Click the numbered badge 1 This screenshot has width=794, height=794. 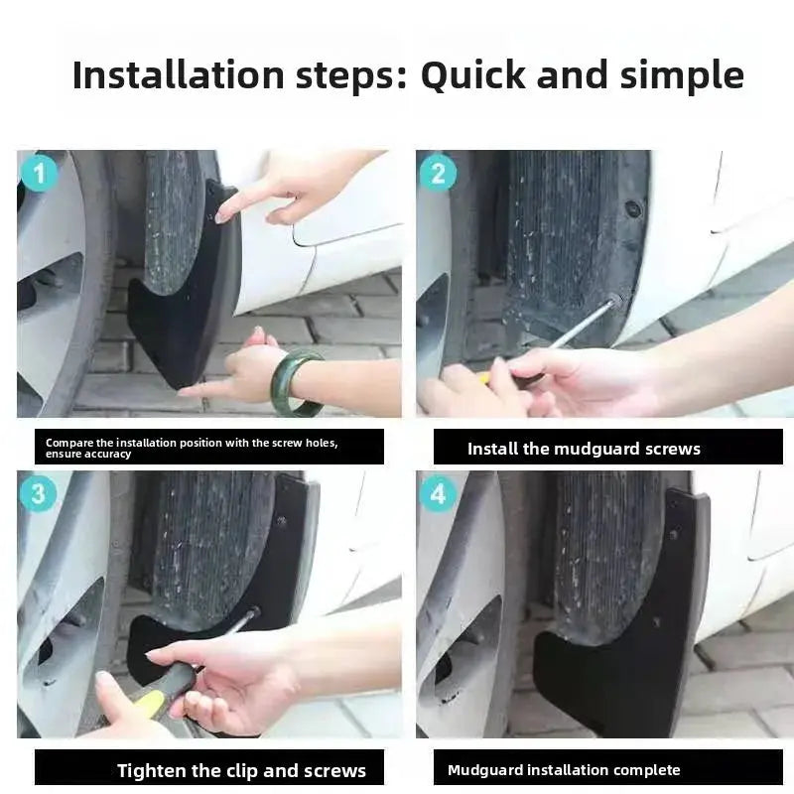(39, 173)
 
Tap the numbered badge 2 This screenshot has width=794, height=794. (438, 173)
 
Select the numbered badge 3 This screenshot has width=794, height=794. (39, 494)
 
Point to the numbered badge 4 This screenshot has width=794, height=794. (438, 494)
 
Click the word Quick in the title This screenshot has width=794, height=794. (474, 75)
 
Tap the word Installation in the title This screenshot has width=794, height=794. (179, 75)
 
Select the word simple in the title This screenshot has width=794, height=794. (682, 75)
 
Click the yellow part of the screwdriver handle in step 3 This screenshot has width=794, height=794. (148, 703)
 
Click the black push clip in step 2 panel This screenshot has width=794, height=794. (633, 208)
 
